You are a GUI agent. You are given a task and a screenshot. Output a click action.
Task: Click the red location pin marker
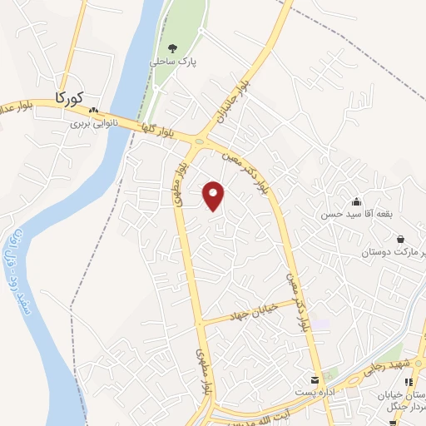click(214, 196)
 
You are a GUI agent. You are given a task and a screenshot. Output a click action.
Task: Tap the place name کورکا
click(70, 97)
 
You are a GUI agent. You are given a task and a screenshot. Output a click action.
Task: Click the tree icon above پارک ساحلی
click(173, 48)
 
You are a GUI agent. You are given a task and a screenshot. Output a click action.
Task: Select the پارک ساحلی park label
click(170, 62)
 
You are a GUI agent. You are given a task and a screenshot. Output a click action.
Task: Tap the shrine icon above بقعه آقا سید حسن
click(357, 201)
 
